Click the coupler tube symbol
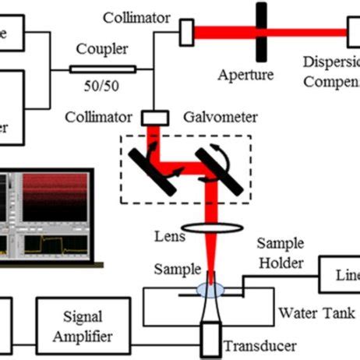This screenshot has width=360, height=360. click(x=102, y=69)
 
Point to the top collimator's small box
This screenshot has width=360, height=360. click(x=186, y=32)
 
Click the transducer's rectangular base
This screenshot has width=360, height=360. click(x=210, y=341)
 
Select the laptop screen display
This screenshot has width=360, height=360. click(x=50, y=215)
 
